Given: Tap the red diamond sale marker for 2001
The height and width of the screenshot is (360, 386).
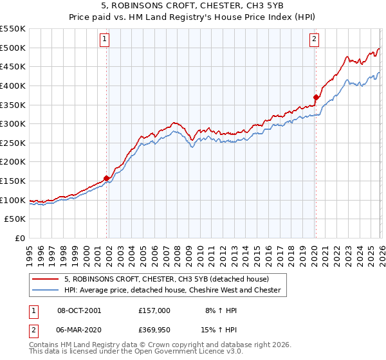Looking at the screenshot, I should (x=106, y=179).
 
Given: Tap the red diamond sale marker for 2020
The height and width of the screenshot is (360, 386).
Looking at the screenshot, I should (x=316, y=98).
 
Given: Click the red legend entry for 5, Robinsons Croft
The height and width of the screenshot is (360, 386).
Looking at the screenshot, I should (x=170, y=279).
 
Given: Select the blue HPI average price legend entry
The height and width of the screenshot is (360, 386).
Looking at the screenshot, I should (x=172, y=291).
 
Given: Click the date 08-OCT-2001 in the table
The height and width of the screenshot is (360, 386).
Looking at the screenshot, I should (x=78, y=310).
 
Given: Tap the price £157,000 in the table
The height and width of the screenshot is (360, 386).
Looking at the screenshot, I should (x=154, y=310).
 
